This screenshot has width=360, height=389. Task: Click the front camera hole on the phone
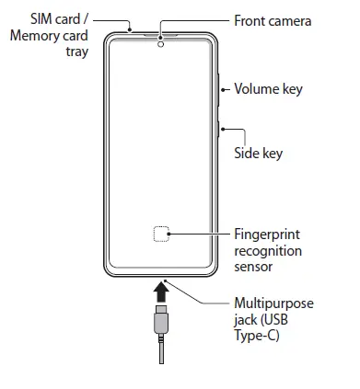point(160,42)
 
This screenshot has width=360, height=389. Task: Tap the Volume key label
point(268,89)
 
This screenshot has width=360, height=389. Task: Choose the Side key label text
point(258,153)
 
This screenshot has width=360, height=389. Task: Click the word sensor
point(254,266)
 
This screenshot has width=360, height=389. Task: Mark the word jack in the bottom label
point(247,319)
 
